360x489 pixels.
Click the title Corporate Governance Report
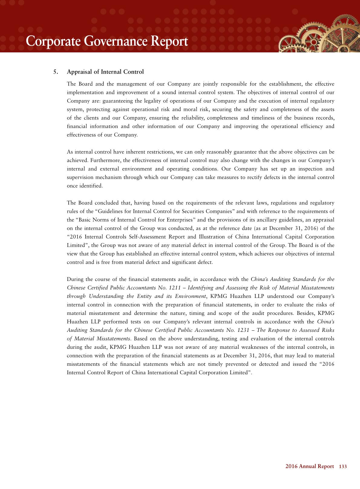[107, 41]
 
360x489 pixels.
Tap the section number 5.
[55, 72]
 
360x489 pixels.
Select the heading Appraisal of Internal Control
[105, 72]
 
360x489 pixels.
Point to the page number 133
[343, 467]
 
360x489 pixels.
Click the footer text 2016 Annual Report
[309, 467]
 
